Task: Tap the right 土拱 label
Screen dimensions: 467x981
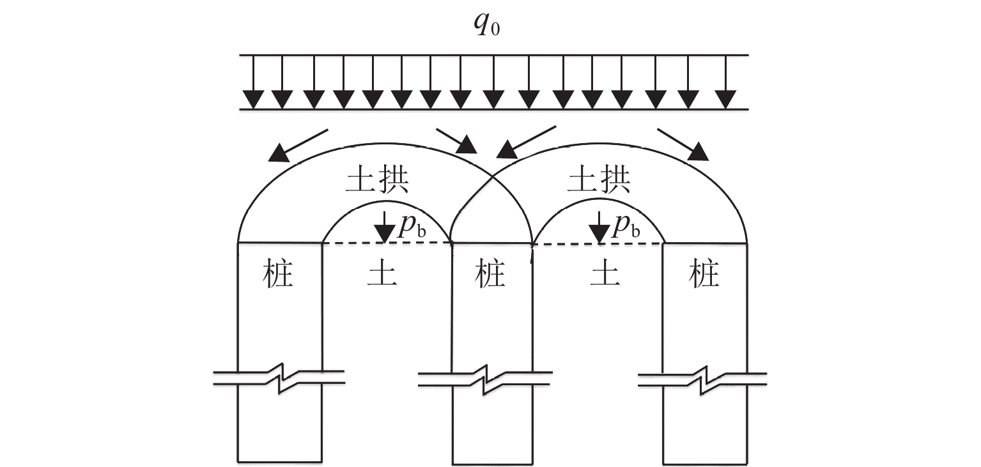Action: click(x=599, y=181)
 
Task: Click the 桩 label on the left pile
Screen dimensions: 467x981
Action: click(x=278, y=275)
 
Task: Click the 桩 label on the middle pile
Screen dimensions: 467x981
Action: click(x=491, y=275)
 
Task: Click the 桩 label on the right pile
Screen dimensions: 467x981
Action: click(x=704, y=275)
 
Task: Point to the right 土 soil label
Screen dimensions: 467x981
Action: click(x=603, y=275)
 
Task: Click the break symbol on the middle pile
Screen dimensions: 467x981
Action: click(x=485, y=378)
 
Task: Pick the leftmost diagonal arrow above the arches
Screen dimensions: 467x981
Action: click(x=298, y=144)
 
